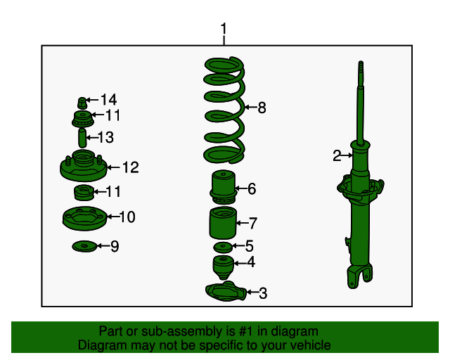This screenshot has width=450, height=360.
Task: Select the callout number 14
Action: (x=108, y=100)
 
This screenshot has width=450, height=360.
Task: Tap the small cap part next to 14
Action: (x=82, y=103)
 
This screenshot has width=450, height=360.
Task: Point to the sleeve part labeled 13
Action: (x=82, y=138)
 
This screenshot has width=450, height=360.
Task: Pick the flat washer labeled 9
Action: (x=84, y=246)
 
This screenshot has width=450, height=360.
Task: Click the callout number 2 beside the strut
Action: (x=337, y=155)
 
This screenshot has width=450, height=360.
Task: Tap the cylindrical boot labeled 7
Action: (x=223, y=223)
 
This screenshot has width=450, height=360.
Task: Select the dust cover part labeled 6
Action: (x=224, y=186)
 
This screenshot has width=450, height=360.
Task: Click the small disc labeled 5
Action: (x=222, y=247)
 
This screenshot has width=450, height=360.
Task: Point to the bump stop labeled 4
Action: (x=223, y=267)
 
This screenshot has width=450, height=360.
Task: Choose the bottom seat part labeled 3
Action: (x=226, y=292)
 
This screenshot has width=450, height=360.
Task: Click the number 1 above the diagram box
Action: (x=224, y=29)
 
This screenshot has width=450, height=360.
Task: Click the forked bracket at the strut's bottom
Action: (x=359, y=276)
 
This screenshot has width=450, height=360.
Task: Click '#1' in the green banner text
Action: (x=245, y=331)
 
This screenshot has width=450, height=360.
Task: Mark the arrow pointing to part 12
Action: (x=113, y=167)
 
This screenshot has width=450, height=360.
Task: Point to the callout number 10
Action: (x=127, y=217)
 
